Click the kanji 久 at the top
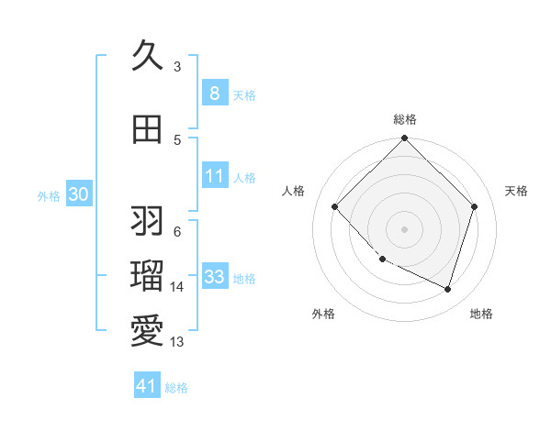147,56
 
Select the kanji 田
147,129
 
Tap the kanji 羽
147,221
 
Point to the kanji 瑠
147,274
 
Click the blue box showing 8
214,94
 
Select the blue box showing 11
214,176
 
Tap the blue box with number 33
214,277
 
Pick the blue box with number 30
78,194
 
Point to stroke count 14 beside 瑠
177,287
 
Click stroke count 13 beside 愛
177,342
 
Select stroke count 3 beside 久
177,66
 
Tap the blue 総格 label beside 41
176,388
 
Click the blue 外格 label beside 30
49,195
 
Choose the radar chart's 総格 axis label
405,119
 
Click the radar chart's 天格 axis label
517,191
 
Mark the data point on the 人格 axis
335,206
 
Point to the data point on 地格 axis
447,289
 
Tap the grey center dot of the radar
404,228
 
